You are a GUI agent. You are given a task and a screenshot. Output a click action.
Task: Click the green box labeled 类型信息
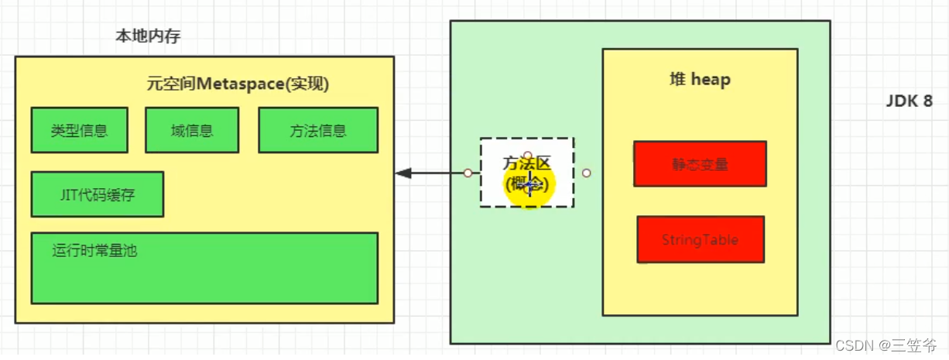[79, 130]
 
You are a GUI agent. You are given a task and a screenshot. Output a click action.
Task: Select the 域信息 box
[192, 130]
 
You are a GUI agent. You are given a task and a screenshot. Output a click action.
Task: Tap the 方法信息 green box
[318, 130]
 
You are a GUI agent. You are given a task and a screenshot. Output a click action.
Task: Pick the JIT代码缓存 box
[98, 194]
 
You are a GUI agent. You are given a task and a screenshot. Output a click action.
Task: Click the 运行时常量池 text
[95, 250]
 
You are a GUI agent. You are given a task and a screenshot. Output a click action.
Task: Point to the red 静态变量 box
[700, 164]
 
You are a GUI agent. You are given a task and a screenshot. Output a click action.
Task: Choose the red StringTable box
[700, 239]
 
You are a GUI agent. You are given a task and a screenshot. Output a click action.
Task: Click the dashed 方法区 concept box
[526, 172]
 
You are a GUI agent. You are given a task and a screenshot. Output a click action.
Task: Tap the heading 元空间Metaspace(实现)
[238, 84]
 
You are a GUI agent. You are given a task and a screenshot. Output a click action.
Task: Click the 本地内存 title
[148, 36]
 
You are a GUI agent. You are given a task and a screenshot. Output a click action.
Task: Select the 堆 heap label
[699, 79]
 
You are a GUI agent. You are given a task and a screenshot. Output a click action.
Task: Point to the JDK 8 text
[910, 101]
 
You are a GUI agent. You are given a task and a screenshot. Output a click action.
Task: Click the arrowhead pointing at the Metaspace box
[403, 173]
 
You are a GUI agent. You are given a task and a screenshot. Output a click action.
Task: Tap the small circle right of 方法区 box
[586, 173]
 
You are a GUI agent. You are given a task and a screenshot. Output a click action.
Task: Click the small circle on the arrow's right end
[468, 173]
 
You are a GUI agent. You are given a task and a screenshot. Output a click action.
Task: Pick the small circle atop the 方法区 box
[527, 155]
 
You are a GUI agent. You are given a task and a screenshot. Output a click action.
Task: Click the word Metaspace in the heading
[240, 84]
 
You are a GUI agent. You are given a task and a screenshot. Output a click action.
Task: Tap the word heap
[711, 79]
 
